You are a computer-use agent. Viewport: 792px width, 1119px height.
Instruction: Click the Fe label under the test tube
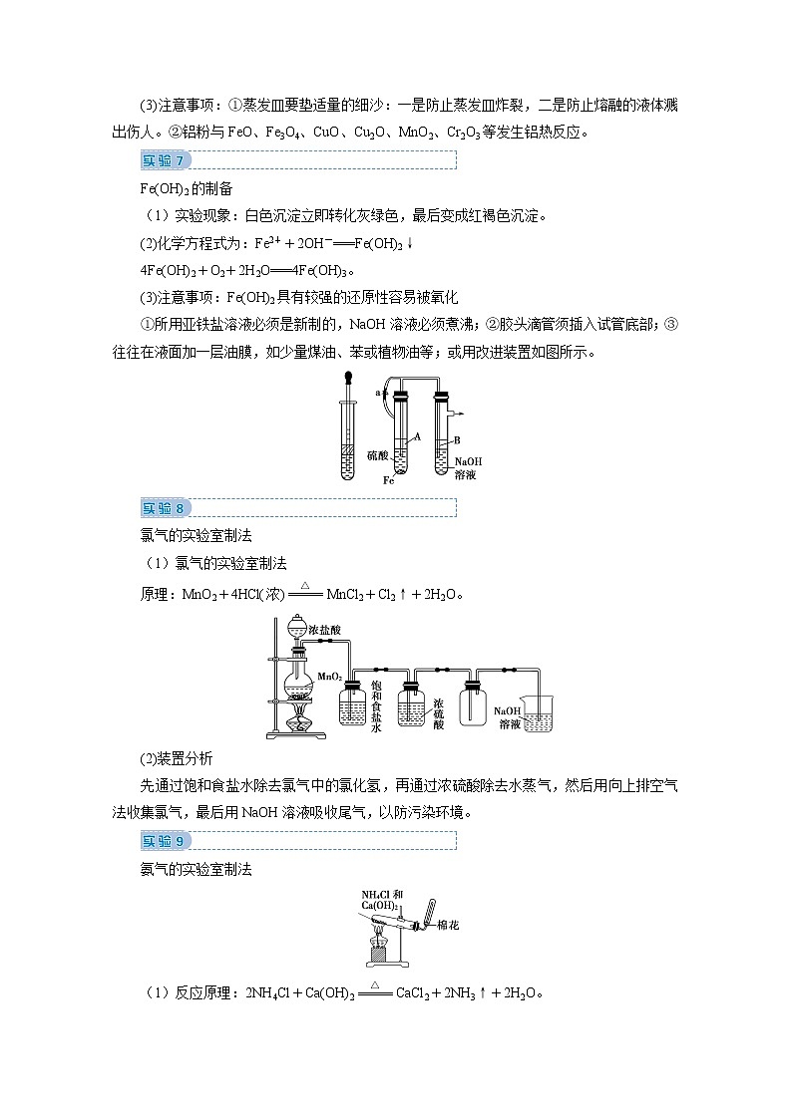(x=390, y=480)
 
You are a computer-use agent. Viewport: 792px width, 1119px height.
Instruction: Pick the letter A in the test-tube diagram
(x=418, y=436)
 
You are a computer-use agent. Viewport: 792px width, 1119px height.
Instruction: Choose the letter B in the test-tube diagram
(x=457, y=438)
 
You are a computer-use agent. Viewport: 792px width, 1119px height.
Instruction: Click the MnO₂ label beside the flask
(x=329, y=677)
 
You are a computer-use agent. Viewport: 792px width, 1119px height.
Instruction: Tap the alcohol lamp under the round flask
(x=296, y=722)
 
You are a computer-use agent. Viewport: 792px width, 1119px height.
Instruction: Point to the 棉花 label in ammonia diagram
(x=448, y=926)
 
